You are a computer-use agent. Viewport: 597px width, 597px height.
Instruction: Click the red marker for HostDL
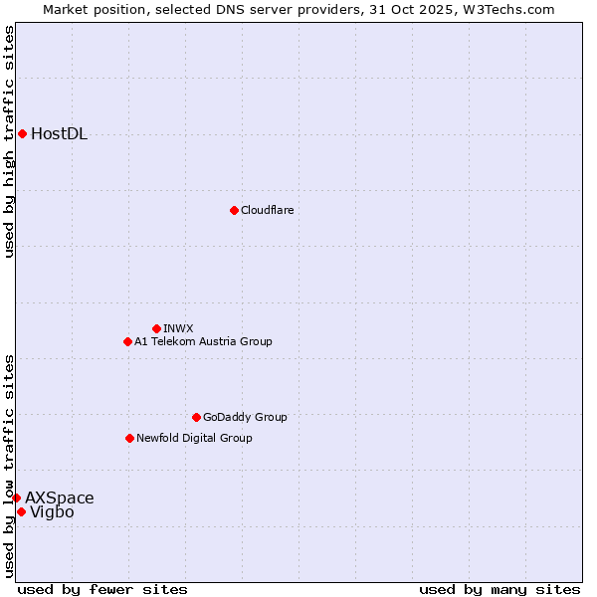pyautogui.click(x=22, y=133)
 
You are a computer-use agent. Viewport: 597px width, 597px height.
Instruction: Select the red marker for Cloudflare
pyautogui.click(x=234, y=210)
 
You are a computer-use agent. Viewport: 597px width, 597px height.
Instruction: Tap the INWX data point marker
pyautogui.click(x=156, y=328)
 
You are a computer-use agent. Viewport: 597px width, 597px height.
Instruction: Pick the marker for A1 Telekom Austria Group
pyautogui.click(x=127, y=341)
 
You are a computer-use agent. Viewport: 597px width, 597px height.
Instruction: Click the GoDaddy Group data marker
pyautogui.click(x=196, y=417)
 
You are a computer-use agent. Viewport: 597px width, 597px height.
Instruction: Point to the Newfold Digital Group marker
pyautogui.click(x=129, y=438)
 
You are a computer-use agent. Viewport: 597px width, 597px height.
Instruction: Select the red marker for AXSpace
pyautogui.click(x=16, y=497)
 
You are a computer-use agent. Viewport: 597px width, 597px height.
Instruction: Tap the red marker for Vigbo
pyautogui.click(x=21, y=511)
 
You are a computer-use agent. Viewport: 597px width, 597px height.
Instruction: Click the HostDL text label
pyautogui.click(x=59, y=134)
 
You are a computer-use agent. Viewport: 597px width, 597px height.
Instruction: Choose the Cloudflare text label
pyautogui.click(x=267, y=210)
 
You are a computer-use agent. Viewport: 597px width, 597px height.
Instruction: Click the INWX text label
pyautogui.click(x=178, y=328)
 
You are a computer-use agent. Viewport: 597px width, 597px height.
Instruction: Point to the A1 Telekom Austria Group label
pyautogui.click(x=203, y=341)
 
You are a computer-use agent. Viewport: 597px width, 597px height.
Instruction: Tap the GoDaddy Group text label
pyautogui.click(x=245, y=417)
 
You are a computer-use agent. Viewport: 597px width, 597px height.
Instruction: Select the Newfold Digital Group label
pyautogui.click(x=194, y=438)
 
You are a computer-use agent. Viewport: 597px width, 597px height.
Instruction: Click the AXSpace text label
pyautogui.click(x=60, y=497)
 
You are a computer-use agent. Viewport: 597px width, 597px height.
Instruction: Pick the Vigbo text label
pyautogui.click(x=52, y=512)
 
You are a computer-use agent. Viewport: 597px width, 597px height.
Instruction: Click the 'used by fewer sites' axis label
pyautogui.click(x=102, y=589)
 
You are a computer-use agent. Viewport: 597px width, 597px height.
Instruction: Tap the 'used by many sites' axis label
pyautogui.click(x=499, y=589)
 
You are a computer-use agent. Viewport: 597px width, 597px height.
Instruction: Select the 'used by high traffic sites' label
pyautogui.click(x=10, y=141)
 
